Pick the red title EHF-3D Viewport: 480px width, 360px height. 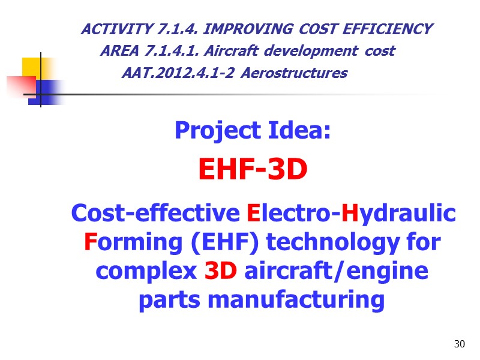click(253, 172)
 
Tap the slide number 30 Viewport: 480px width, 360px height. click(460, 344)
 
